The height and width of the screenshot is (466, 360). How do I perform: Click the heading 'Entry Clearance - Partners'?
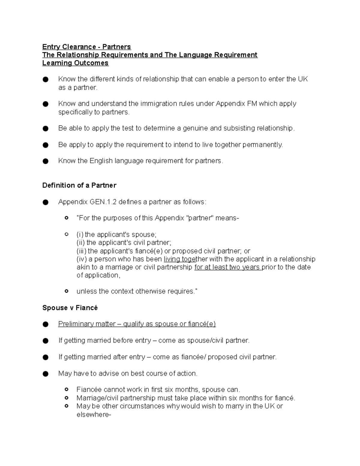click(x=86, y=47)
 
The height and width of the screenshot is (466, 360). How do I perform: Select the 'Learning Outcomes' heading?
click(x=75, y=63)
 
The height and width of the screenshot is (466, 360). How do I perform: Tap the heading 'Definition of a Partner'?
click(x=79, y=185)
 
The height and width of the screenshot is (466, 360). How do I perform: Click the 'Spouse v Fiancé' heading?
click(x=70, y=308)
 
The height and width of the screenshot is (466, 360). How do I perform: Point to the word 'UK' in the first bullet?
click(x=302, y=79)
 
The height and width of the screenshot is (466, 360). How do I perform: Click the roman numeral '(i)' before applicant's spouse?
click(x=80, y=235)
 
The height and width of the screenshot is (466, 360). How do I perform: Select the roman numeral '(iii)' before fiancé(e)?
click(x=81, y=251)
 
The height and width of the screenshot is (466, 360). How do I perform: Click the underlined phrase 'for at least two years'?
click(x=227, y=267)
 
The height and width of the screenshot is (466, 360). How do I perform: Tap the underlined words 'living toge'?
click(x=179, y=259)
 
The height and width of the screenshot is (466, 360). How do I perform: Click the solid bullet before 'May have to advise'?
click(x=46, y=374)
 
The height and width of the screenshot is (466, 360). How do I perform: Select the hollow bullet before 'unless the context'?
click(x=67, y=291)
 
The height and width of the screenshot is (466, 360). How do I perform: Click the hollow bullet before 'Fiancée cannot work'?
click(x=67, y=389)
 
